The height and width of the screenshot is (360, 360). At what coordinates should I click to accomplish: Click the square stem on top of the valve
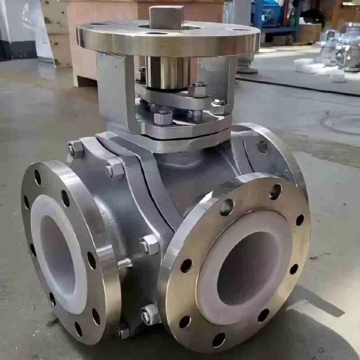click(166, 17)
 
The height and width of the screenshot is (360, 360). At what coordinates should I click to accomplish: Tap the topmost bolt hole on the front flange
click(275, 192)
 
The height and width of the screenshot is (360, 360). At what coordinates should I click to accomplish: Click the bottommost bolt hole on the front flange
click(219, 340)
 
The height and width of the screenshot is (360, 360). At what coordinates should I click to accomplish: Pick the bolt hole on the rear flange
click(262, 146)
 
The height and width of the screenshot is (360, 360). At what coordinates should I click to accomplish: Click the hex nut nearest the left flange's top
click(76, 149)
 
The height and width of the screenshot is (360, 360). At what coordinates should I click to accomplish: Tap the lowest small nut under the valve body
click(122, 332)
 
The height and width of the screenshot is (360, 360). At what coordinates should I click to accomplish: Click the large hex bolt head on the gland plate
click(163, 118)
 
